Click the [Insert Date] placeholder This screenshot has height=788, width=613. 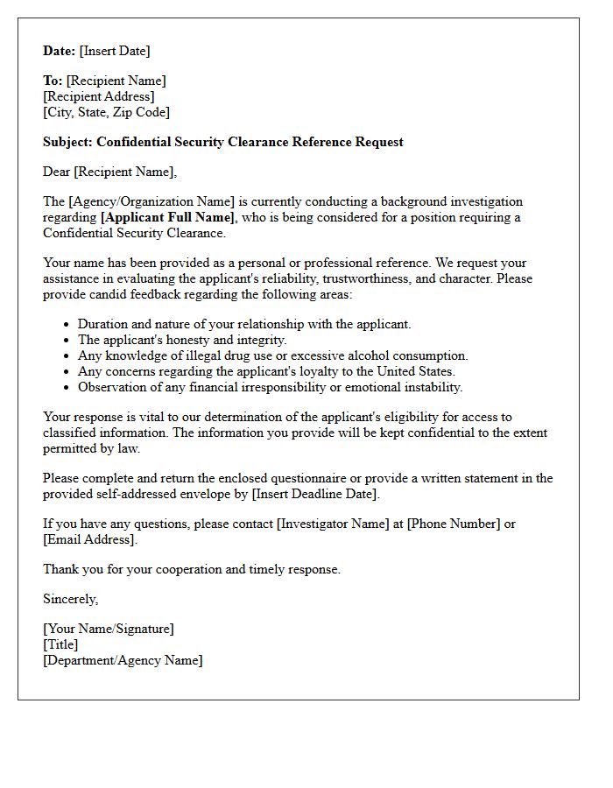(x=115, y=51)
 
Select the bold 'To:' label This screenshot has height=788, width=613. (x=53, y=81)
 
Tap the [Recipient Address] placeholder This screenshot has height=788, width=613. (x=99, y=96)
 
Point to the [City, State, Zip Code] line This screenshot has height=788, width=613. (x=107, y=112)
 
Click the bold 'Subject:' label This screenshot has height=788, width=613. (x=67, y=142)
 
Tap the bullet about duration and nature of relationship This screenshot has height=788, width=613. (x=244, y=324)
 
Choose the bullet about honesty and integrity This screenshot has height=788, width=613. (x=182, y=340)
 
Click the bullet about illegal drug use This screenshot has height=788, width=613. (x=273, y=355)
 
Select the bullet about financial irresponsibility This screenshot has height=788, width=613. (x=270, y=387)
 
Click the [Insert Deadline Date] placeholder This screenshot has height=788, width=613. (x=315, y=494)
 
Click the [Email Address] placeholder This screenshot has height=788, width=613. (x=90, y=539)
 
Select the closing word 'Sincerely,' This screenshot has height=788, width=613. (x=71, y=599)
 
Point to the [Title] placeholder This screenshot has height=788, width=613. (x=60, y=644)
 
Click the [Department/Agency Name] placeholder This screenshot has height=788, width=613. (x=123, y=660)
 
